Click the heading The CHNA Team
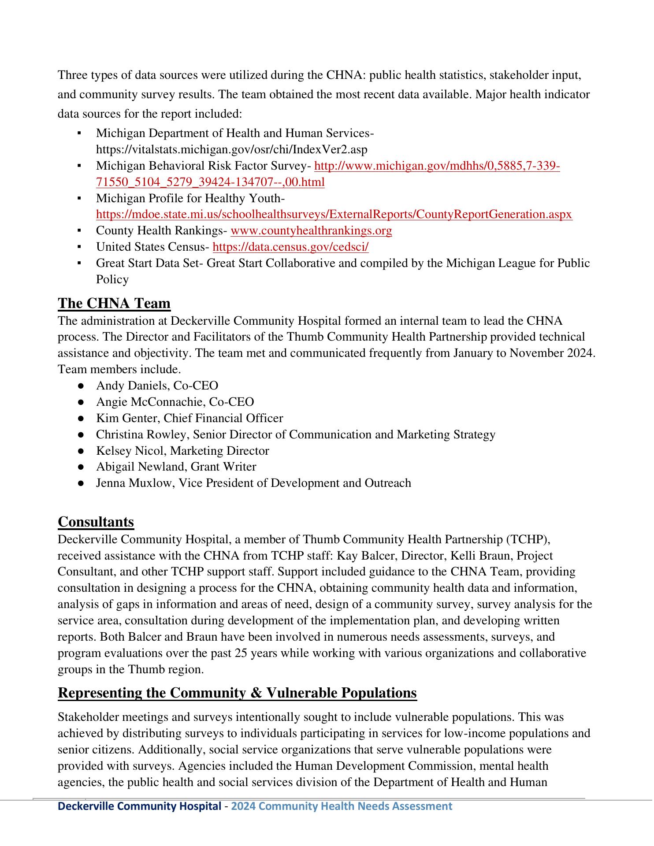point(114,304)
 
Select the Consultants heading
point(96,522)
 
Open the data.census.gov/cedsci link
point(290,247)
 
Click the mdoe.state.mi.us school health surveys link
point(334,215)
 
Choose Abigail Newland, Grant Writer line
point(176,467)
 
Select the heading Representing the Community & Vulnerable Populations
point(237,693)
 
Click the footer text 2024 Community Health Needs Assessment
point(342,806)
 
